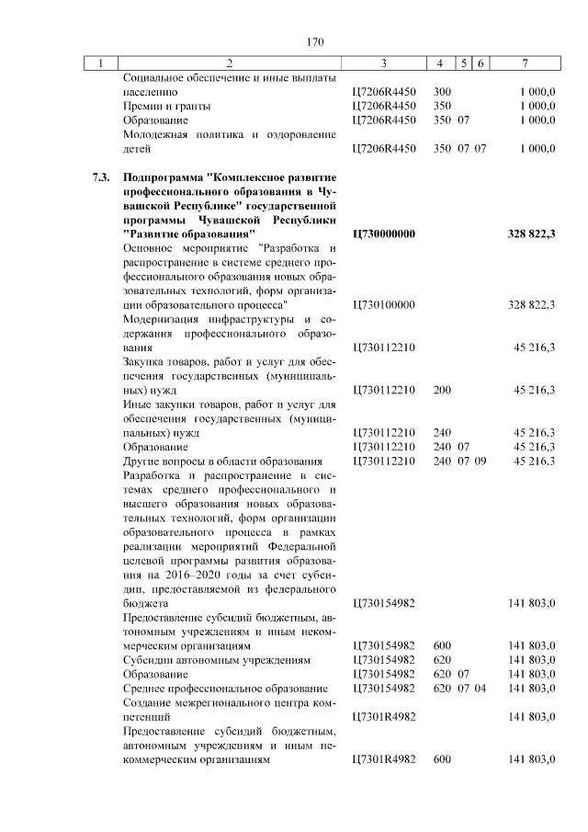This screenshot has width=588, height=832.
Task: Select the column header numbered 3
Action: point(383,63)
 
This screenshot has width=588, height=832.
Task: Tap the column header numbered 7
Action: point(524,63)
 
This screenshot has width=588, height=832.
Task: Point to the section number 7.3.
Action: point(101,175)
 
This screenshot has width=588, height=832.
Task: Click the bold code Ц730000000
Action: point(384,234)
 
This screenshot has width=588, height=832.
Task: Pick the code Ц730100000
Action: point(384,304)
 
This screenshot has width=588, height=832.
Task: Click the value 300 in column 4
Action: point(442,93)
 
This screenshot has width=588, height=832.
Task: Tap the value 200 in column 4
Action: point(442,390)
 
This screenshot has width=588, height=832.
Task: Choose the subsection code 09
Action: point(480,461)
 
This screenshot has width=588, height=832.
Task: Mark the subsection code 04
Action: point(480,688)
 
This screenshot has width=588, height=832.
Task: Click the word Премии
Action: point(145,107)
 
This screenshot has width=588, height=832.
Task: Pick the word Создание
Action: point(151,701)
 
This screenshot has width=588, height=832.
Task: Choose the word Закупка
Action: point(148,361)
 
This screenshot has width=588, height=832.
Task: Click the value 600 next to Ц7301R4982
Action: point(442,758)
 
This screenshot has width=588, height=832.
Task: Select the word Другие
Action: point(145,461)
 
